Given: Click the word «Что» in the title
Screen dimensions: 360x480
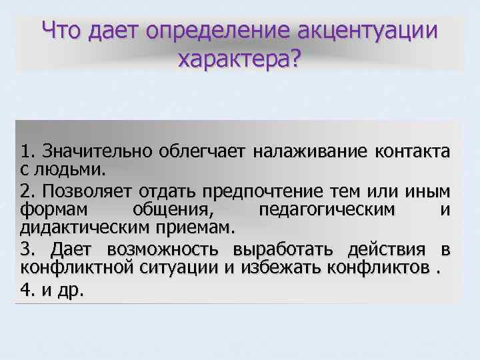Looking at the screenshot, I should click(x=63, y=32).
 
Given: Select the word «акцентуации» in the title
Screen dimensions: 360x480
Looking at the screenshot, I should click(x=369, y=32).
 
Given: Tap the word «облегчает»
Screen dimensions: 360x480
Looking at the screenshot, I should click(x=203, y=150).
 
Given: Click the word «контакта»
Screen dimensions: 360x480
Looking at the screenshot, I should click(x=413, y=150).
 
